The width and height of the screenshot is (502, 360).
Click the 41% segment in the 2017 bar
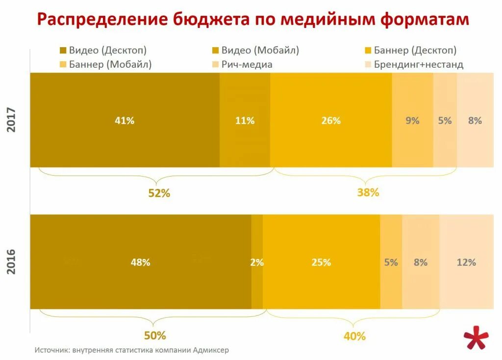click(125, 120)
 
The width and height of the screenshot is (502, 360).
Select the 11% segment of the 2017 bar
click(245, 120)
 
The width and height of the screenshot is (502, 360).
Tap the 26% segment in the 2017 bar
click(331, 120)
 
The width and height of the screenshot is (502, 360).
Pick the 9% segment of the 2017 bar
click(412, 120)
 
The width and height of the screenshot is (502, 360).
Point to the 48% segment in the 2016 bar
click(140, 262)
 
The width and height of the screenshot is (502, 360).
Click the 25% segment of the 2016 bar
click(321, 262)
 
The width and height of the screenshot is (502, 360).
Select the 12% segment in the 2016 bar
click(466, 262)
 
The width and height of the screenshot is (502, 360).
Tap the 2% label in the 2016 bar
click(257, 262)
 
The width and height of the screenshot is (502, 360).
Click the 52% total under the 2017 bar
click(159, 193)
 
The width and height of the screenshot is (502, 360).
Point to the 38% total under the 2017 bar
click(368, 192)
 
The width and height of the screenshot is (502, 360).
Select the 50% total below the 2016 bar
click(155, 335)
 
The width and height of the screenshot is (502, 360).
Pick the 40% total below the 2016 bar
click(354, 336)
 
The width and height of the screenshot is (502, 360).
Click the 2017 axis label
click(12, 120)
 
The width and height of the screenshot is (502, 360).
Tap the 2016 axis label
click(12, 262)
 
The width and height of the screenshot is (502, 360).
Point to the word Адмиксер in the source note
click(211, 350)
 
